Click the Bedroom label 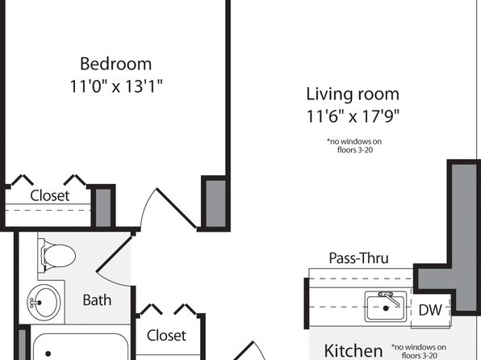116,64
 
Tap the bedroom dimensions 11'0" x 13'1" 116,86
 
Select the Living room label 353,94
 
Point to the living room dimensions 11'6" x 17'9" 353,116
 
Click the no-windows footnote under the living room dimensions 354,145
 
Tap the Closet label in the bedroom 50,195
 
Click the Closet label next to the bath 166,336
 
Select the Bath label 97,299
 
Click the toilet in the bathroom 57,256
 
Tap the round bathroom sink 44,303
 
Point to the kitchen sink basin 386,306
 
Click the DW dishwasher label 430,310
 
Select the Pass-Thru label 358,258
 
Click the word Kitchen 353,351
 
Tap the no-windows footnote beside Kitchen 419,351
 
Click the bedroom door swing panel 177,208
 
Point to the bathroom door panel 115,254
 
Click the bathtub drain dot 48,354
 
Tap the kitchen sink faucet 389,298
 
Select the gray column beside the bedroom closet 103,207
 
